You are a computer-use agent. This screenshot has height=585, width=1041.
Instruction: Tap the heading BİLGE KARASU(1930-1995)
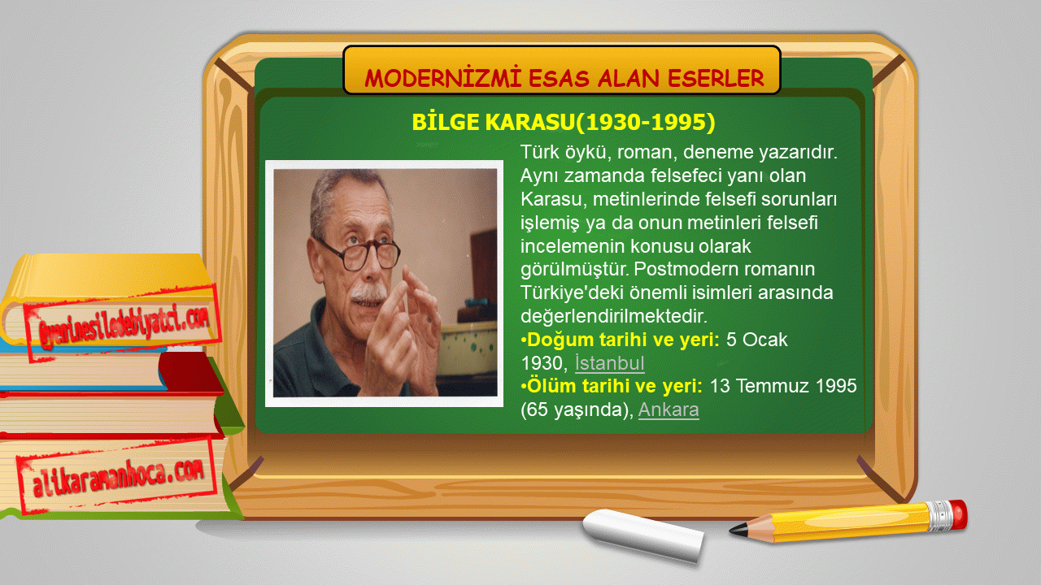pos(564,122)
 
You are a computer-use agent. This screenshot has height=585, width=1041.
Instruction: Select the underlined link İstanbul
pos(610,363)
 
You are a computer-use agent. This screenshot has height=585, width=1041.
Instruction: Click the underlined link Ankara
pos(669,409)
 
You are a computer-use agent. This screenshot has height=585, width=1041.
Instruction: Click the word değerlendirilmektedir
pos(613,316)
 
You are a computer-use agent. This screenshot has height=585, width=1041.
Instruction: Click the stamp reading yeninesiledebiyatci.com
pos(123,322)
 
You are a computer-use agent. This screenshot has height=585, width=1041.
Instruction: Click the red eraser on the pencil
pos(958,514)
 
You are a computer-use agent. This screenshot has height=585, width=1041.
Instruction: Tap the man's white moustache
pos(368,293)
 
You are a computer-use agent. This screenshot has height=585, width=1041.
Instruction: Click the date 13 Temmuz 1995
pos(783,386)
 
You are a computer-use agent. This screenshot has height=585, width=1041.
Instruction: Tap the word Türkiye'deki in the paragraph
pos(575,293)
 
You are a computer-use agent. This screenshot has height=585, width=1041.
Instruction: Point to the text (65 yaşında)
pos(577,410)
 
